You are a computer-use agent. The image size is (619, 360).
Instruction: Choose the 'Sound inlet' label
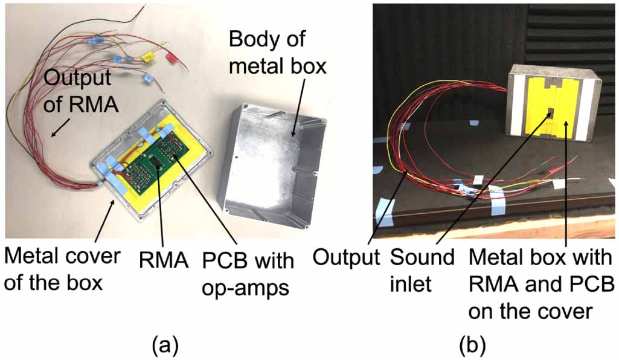point(422,270)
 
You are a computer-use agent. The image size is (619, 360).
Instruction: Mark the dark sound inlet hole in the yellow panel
point(551,114)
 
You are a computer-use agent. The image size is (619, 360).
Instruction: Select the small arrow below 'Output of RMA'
point(58,127)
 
